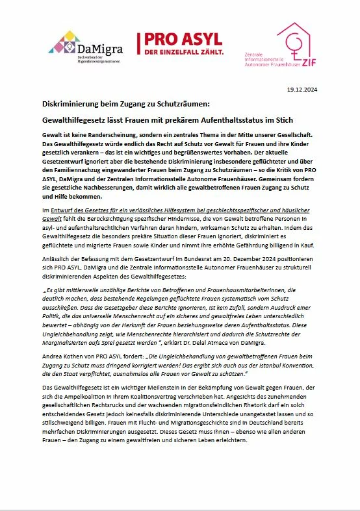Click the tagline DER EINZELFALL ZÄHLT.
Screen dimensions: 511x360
[180, 51]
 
